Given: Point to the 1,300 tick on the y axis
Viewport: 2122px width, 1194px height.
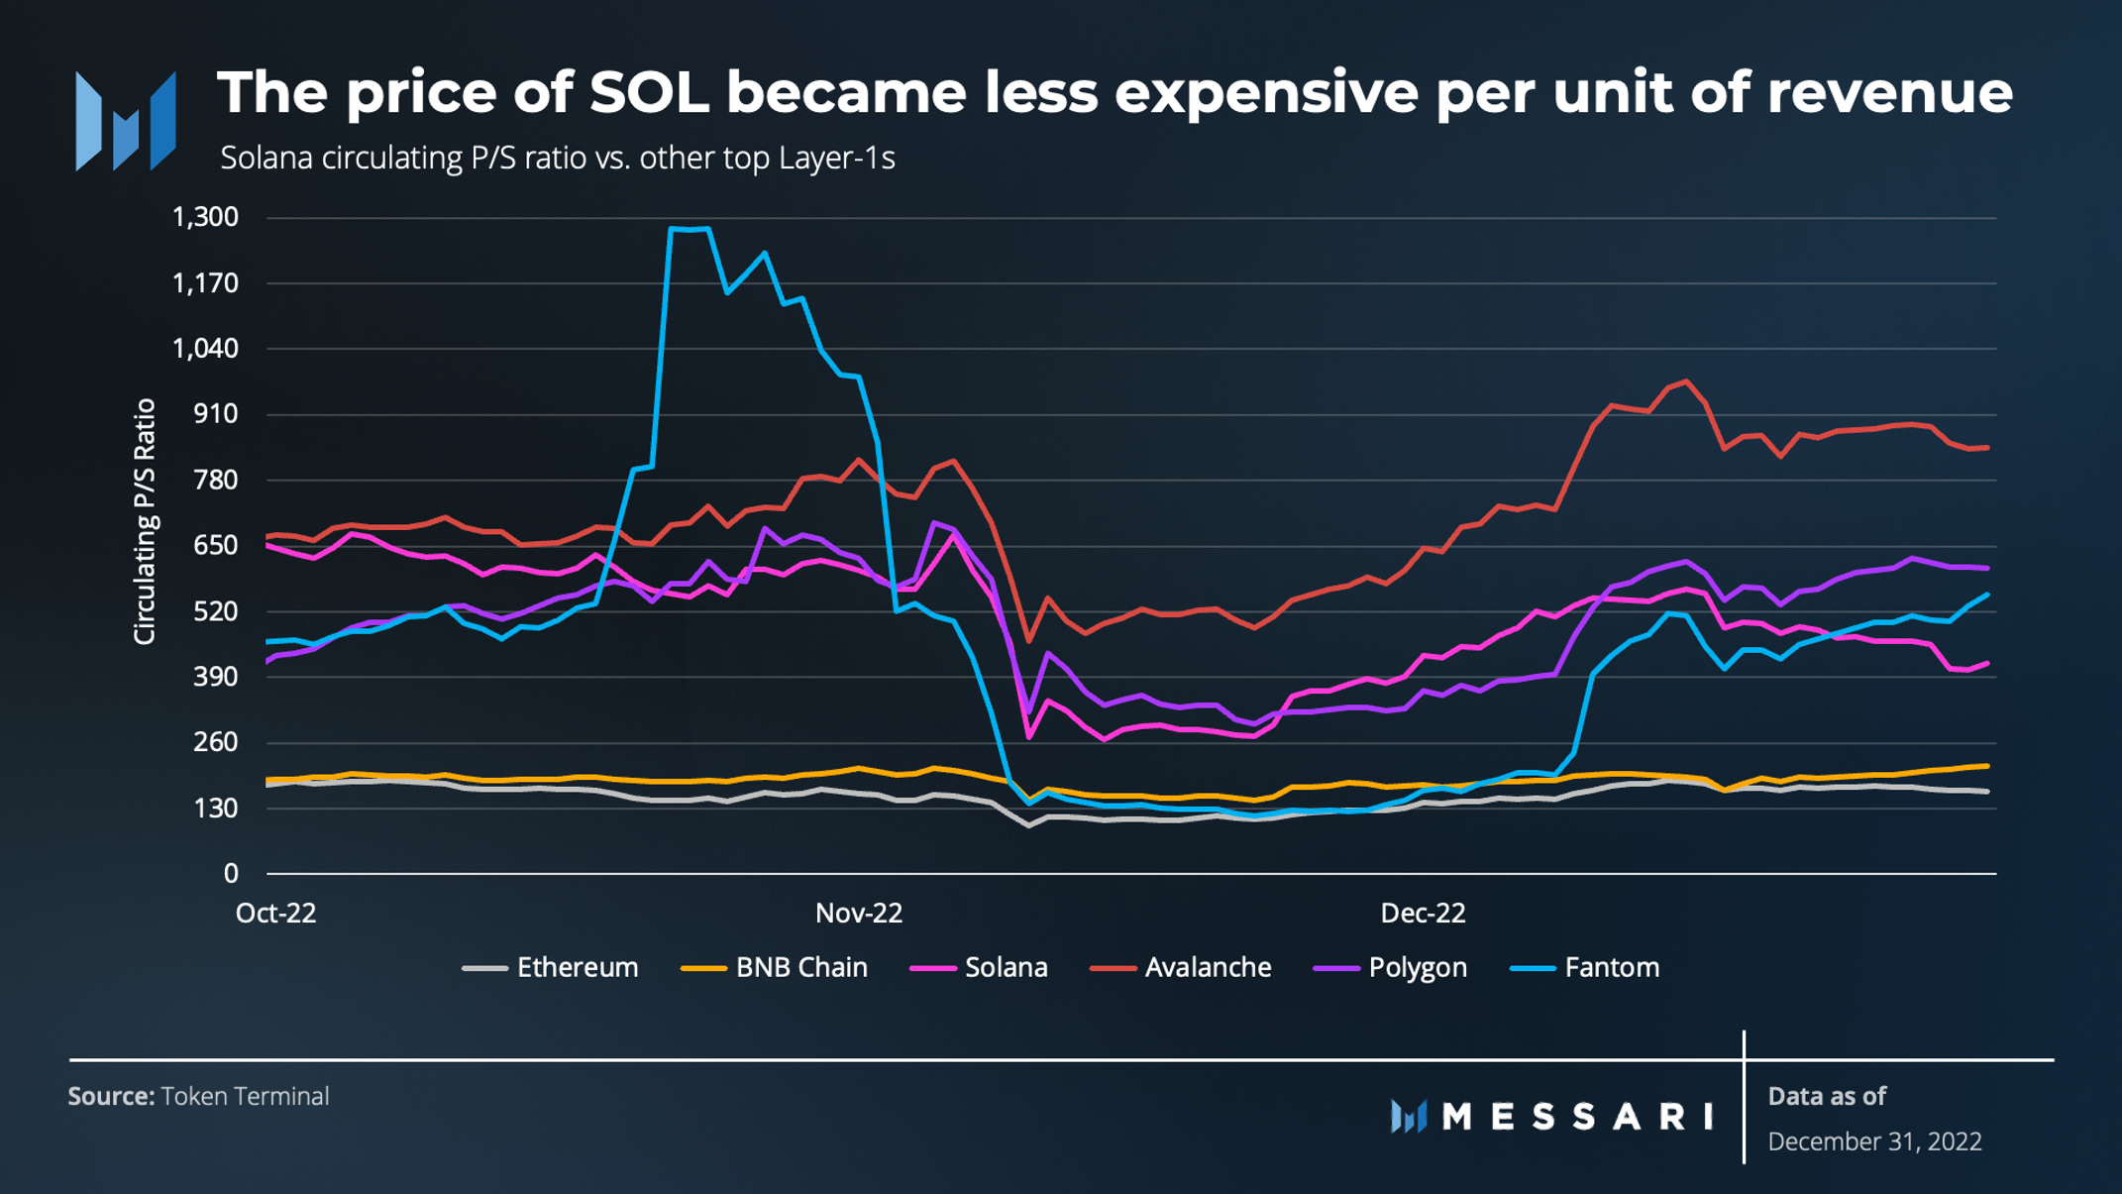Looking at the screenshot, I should (206, 217).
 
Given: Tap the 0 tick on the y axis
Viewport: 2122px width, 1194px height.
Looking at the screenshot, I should (231, 873).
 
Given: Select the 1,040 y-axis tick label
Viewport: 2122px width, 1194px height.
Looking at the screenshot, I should (206, 349).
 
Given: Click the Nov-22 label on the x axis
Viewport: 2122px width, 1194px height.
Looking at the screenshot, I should (859, 914).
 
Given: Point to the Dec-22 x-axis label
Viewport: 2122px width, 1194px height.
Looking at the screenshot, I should (1423, 914).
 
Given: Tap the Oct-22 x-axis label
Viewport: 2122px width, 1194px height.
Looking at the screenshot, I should (276, 914).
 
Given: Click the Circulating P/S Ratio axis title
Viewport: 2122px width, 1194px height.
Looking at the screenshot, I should (145, 521).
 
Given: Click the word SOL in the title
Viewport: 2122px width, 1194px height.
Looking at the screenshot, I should (649, 92).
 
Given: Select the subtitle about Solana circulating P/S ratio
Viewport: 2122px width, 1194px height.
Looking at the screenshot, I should (557, 159).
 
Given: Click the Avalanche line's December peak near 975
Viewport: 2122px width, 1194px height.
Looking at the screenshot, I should (1686, 381).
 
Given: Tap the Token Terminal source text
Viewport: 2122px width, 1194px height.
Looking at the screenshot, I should (245, 1096).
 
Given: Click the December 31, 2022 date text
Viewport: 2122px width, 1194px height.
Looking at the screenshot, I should (1874, 1141).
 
